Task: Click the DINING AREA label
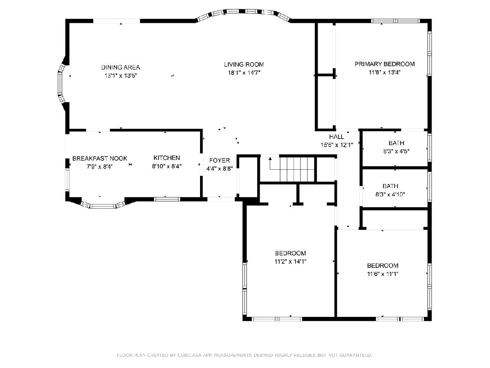120,67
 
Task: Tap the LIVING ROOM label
244,65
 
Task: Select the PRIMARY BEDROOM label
385,64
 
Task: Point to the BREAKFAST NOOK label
100,158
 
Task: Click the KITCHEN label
167,158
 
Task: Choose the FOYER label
219,160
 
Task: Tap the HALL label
336,137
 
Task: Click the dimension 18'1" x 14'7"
244,73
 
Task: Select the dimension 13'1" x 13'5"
120,76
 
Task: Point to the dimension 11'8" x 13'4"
385,72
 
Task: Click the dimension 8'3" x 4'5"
396,151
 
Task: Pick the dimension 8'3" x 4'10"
390,194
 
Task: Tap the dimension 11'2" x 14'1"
290,261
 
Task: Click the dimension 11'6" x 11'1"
383,274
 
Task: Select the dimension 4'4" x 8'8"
219,169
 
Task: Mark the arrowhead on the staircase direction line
270,159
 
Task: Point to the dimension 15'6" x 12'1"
336,145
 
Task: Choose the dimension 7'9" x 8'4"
100,167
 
